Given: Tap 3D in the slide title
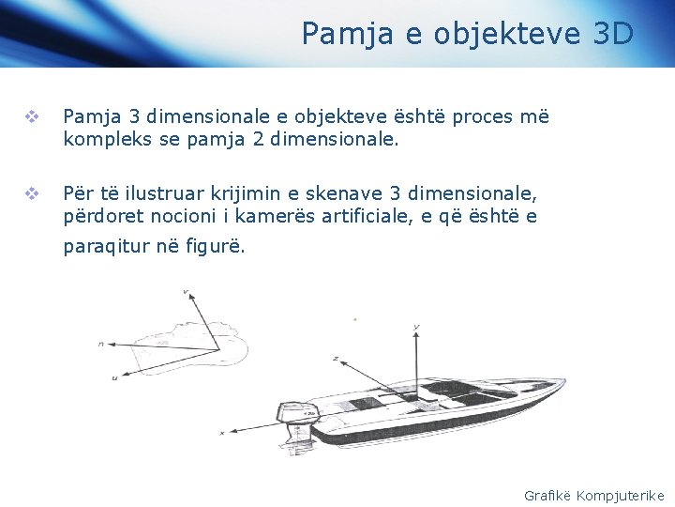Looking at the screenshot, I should point(614,34).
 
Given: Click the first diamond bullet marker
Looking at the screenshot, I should point(31,117).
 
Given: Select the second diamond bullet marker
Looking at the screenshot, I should point(31,194).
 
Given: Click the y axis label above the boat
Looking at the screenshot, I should point(415,327).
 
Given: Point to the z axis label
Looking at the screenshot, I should point(335,359).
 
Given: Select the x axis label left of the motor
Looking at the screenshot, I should point(221,433).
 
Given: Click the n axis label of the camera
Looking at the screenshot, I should point(100,345).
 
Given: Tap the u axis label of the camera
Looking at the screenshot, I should point(113,377).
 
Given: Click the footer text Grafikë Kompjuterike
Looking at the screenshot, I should point(593,495).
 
